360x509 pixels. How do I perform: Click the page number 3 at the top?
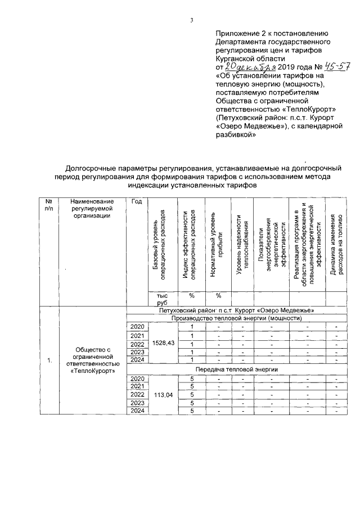pyautogui.click(x=191, y=21)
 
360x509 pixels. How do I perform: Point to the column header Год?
pyautogui.click(x=136, y=202)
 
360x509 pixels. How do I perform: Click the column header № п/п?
pyautogui.click(x=49, y=205)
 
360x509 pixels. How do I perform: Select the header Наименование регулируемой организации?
pyautogui.click(x=91, y=209)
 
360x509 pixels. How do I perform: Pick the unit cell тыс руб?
pyautogui.click(x=163, y=298)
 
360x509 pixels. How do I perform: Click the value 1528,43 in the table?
pyautogui.click(x=163, y=343)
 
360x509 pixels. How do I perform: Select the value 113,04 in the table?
pyautogui.click(x=163, y=395)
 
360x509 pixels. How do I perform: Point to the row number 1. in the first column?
pyautogui.click(x=49, y=361)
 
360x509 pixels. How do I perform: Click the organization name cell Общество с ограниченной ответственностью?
pyautogui.click(x=91, y=361)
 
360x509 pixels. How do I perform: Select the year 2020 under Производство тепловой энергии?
pyautogui.click(x=137, y=327)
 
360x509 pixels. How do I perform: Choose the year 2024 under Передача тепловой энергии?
pyautogui.click(x=137, y=411)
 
